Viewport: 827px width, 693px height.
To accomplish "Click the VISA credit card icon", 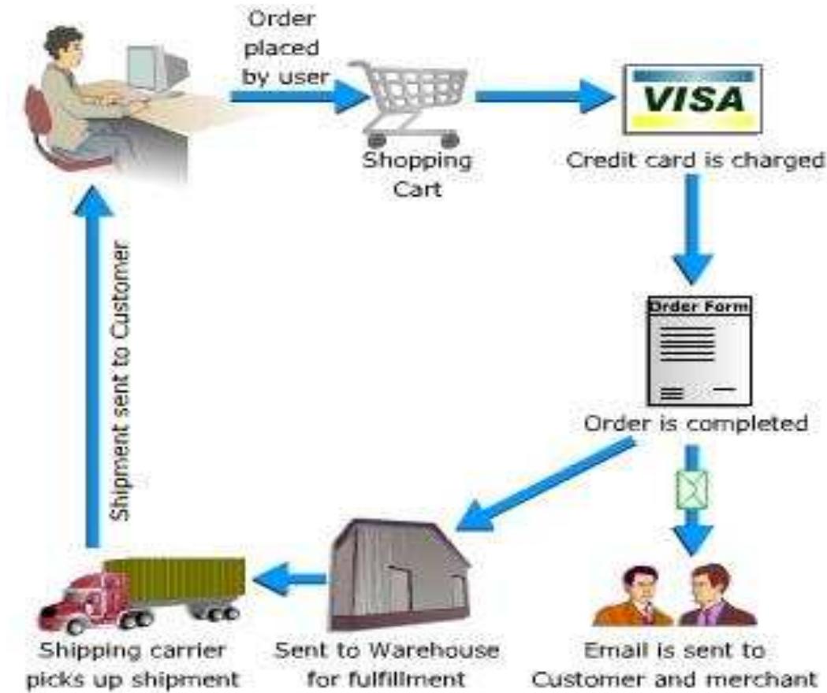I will (693, 98).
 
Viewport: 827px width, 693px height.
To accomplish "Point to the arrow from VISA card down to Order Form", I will (692, 228).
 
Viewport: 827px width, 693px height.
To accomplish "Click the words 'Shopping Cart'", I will (416, 174).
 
